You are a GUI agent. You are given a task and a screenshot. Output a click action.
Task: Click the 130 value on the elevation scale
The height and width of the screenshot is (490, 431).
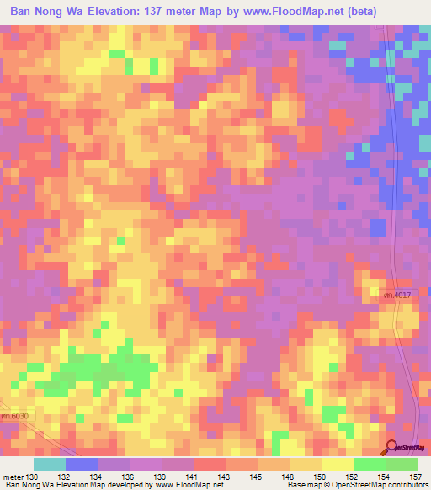coord(33,476)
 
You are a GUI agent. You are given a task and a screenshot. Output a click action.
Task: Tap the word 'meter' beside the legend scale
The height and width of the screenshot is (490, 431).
coord(13,476)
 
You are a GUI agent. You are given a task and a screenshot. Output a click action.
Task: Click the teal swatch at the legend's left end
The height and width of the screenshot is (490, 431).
coord(49,464)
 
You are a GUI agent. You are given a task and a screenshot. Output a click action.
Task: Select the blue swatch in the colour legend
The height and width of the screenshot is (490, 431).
coord(81,464)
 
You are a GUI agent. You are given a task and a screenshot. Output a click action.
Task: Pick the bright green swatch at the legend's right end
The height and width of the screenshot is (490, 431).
coord(402,464)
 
